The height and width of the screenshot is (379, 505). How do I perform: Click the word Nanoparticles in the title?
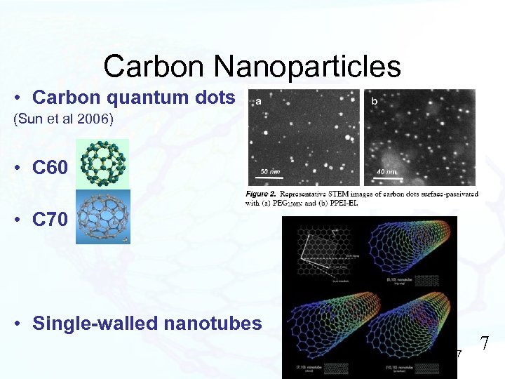(x=308, y=67)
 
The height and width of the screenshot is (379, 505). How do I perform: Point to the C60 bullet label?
(x=50, y=167)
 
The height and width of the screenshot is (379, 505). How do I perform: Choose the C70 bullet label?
(x=50, y=220)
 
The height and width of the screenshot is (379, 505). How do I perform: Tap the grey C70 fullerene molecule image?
(x=102, y=217)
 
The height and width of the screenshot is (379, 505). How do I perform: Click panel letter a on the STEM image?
(x=258, y=101)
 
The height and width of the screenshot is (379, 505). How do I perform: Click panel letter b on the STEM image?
(x=374, y=102)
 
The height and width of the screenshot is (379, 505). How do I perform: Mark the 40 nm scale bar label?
(x=385, y=171)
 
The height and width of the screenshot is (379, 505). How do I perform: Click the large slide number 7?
(x=484, y=344)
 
